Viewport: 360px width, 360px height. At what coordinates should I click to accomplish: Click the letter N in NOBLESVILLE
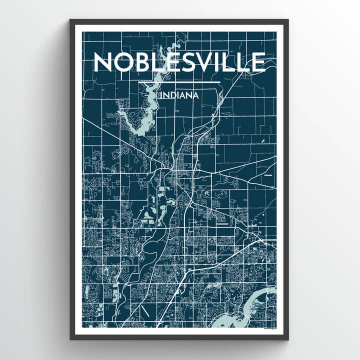[x=103, y=62]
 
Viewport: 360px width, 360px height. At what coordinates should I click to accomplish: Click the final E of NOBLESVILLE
[x=257, y=62]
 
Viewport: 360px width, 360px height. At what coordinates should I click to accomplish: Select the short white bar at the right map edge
[x=269, y=176]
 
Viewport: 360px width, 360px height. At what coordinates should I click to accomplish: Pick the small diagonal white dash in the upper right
[x=263, y=143]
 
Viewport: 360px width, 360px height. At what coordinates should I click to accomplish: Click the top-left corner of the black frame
[x=71, y=20]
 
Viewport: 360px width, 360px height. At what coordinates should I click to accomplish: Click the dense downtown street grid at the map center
[x=180, y=175]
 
